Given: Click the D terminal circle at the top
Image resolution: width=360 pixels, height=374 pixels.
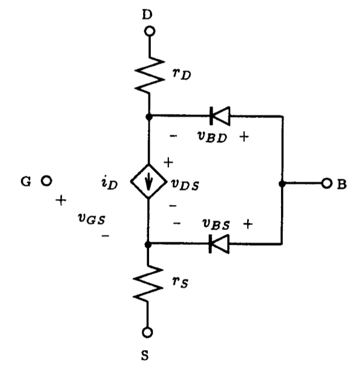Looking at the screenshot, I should pos(149,30).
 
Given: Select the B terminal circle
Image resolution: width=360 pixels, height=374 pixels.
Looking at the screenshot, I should pos(327,183).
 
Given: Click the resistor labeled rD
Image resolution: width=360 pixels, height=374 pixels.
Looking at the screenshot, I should pos(149,74).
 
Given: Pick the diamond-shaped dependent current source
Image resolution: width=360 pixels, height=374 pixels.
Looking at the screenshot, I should pos(149,184).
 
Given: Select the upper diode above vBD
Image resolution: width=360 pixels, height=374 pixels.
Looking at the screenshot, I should pos(219,116).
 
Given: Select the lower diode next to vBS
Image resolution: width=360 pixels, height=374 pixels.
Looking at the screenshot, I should pos(219,244).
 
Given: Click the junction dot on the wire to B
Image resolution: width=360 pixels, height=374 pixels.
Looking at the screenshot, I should pos(282,183).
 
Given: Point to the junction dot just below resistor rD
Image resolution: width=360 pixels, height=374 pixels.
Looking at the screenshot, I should pos(149,116).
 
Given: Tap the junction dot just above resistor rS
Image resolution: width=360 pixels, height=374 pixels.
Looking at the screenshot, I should pos(149,244).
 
